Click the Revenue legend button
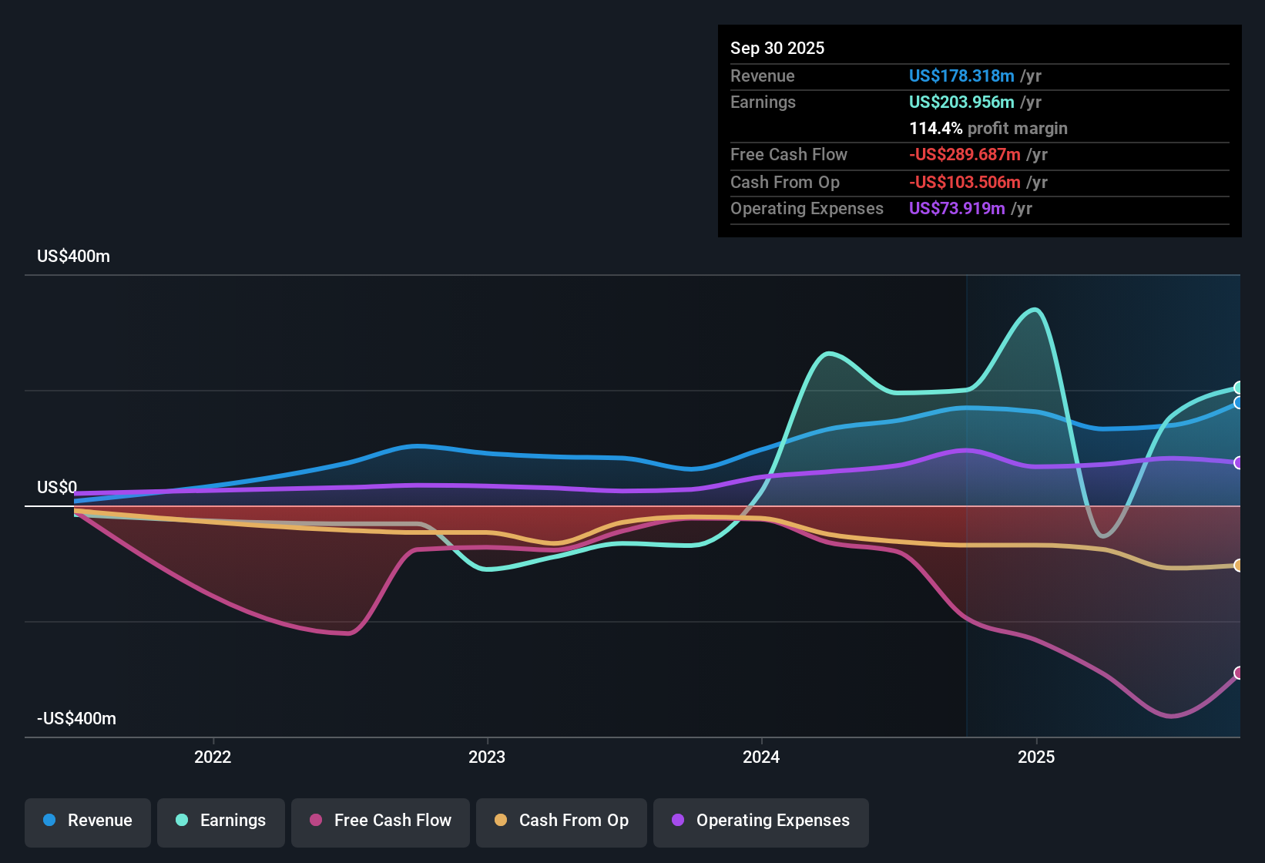pyautogui.click(x=88, y=821)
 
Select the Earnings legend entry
pyautogui.click(x=221, y=821)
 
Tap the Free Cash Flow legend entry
pyautogui.click(x=381, y=821)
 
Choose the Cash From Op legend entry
pyautogui.click(x=562, y=821)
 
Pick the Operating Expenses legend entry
pyautogui.click(x=761, y=821)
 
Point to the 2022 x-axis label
pyautogui.click(x=213, y=757)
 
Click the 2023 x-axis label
pyautogui.click(x=487, y=757)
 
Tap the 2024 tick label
pyautogui.click(x=761, y=757)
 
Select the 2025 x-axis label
pyautogui.click(x=1036, y=757)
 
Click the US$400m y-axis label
pyautogui.click(x=73, y=257)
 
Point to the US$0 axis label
pyautogui.click(x=57, y=487)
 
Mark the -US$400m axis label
pyautogui.click(x=76, y=719)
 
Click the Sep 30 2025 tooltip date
pyautogui.click(x=777, y=48)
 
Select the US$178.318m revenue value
pyautogui.click(x=961, y=76)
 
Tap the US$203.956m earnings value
pyautogui.click(x=961, y=102)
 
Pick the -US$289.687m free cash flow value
pyautogui.click(x=964, y=154)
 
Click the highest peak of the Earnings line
pyautogui.click(x=1035, y=310)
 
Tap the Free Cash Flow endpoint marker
pyautogui.click(x=1238, y=673)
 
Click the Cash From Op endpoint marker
pyautogui.click(x=1238, y=566)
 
